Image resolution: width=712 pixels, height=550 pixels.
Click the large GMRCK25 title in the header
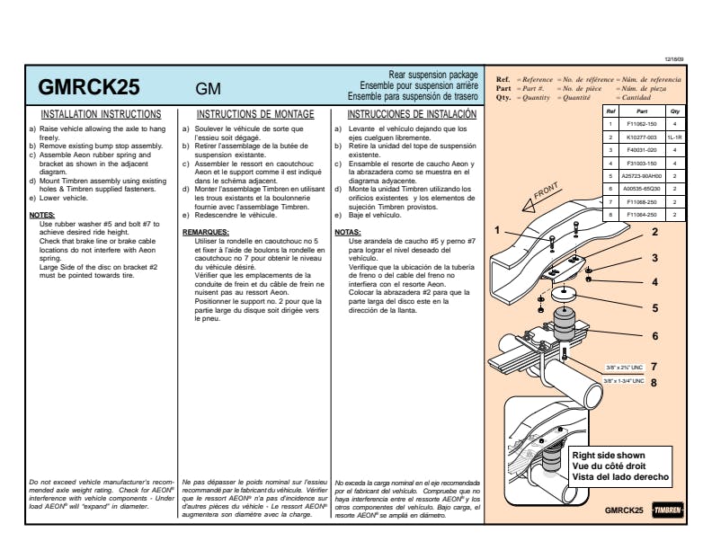89,88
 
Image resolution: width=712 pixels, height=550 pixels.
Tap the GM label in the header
209,90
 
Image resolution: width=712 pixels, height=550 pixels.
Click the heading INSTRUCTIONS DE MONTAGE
255,115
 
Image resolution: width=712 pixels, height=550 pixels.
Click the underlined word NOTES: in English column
42,216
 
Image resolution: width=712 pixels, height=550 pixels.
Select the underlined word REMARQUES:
206,231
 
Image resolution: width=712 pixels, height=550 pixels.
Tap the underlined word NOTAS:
347,231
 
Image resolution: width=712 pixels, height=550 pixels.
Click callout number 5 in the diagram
654,308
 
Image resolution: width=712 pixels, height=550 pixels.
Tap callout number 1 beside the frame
497,230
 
